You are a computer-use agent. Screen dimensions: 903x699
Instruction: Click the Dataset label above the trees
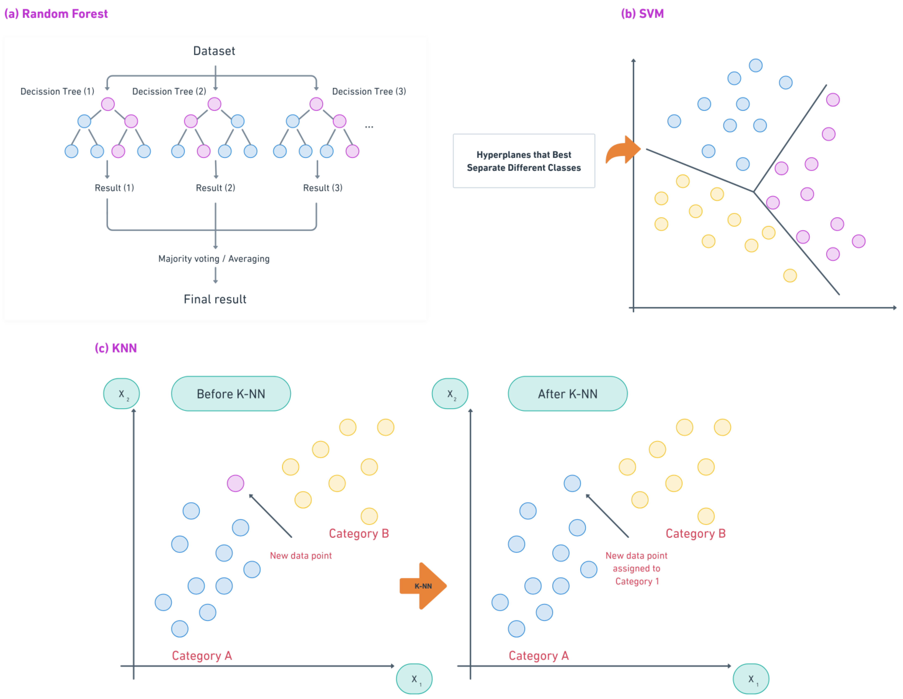point(214,51)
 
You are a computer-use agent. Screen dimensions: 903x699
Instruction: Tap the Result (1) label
point(114,188)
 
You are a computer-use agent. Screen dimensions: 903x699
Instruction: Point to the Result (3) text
point(323,188)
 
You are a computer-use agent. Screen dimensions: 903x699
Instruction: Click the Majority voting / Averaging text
point(214,259)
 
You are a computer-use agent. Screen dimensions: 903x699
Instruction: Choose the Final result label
point(215,299)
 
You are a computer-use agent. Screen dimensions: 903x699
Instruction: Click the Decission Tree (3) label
point(369,91)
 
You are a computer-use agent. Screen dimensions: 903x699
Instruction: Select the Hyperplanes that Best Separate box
point(524,161)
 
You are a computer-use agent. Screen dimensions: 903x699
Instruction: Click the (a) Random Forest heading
point(56,14)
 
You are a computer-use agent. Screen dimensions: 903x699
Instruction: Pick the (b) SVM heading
point(642,14)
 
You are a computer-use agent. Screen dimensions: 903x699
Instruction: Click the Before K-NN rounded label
point(231,394)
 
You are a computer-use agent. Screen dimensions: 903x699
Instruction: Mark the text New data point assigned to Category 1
point(636,568)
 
